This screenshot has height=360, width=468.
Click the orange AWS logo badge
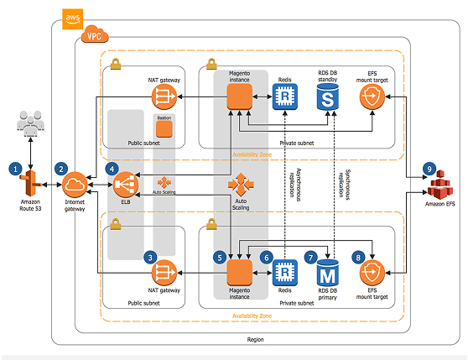pos(72,19)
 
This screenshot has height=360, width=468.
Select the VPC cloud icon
pos(95,34)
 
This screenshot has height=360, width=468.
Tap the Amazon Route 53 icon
pos(30,183)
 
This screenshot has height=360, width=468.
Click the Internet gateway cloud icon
pos(75,185)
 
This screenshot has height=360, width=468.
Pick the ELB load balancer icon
pos(126,185)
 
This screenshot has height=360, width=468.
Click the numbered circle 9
pos(429,170)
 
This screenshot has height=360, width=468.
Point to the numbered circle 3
pos(150,258)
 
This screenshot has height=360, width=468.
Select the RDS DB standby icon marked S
pos(327,97)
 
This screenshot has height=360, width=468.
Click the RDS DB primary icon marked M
pos(327,272)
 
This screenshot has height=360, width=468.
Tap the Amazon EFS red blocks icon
pos(440,185)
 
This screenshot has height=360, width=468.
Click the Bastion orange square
pos(164,129)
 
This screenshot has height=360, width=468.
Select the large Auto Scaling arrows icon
pos(241,185)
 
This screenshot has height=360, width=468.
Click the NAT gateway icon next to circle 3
pos(164,273)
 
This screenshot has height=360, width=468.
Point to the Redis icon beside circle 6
pos(285,272)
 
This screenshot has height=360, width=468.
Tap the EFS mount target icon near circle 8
pos(372,273)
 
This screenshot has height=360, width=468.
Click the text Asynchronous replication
pos(295,185)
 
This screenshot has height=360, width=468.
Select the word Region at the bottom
pos(256,339)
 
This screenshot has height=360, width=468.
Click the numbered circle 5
pos(220,258)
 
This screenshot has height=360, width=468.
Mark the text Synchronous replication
pos(344,185)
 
